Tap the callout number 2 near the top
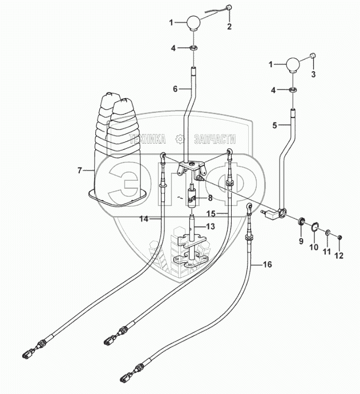point(230,26)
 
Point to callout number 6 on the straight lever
point(175,89)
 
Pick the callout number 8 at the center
point(211,198)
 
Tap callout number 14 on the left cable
point(144,219)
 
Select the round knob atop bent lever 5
point(293,64)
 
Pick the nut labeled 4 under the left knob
point(193,48)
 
